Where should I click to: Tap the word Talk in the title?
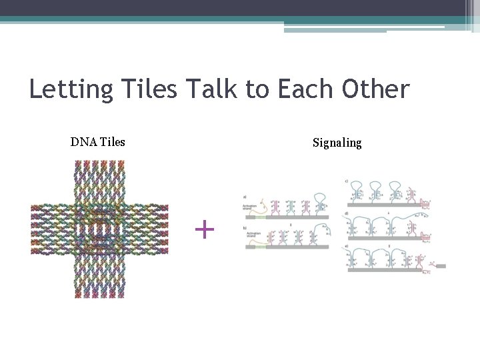tap(213, 89)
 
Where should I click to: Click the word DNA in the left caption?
tap(83, 142)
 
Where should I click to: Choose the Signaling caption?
tap(337, 143)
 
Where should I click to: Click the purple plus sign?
tap(205, 230)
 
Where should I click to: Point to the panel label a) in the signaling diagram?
tap(245, 197)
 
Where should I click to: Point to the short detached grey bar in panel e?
tap(440, 266)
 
